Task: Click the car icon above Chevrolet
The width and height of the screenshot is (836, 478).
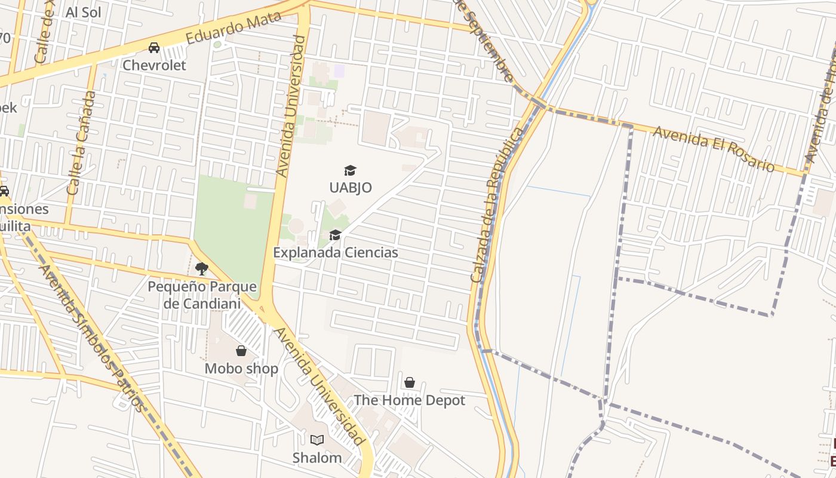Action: [x=154, y=48]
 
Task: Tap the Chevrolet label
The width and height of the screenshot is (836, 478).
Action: [x=154, y=65]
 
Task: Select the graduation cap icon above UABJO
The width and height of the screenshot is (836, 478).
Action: [x=350, y=171]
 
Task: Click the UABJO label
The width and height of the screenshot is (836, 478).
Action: [x=351, y=188]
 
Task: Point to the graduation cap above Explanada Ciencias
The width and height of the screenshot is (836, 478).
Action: [x=335, y=235]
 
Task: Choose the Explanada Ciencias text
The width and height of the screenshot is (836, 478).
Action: [x=336, y=253]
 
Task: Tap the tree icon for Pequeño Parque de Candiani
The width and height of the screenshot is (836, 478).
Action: [x=202, y=269]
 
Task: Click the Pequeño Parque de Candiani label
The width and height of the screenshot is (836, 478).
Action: [x=202, y=295]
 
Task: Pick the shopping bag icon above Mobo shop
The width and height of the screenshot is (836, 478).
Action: [x=241, y=351]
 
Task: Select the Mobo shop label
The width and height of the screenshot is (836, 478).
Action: [x=241, y=369]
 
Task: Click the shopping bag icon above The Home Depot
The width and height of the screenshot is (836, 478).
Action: [x=410, y=382]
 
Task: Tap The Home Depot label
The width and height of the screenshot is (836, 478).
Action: [x=410, y=400]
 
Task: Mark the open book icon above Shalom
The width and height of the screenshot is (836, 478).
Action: [x=317, y=440]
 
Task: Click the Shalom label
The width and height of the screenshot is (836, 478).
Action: [x=317, y=458]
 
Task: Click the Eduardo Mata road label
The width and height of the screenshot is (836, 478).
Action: [x=233, y=27]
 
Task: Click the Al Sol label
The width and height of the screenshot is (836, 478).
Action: [x=84, y=13]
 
